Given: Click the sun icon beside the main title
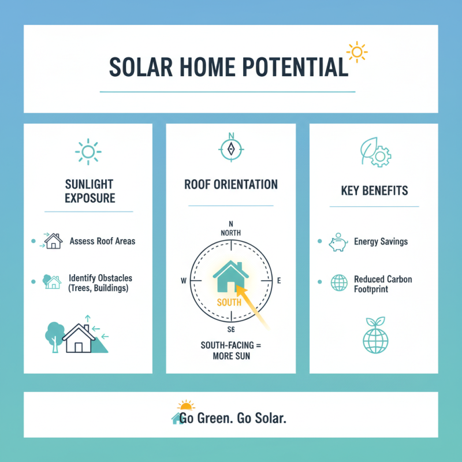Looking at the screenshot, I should click(356, 53).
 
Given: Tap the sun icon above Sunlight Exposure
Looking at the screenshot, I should click(88, 151).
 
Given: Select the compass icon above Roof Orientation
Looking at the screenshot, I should click(231, 148).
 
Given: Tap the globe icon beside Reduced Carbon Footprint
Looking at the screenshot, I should click(338, 282).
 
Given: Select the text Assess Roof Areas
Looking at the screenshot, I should click(102, 241).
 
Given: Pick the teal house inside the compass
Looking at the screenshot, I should click(230, 276).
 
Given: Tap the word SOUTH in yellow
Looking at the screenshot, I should click(229, 302).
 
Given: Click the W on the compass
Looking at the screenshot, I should click(184, 281).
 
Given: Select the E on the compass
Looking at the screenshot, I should click(278, 281).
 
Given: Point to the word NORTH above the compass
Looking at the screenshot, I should click(230, 232).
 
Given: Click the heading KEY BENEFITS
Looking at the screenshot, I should click(374, 191).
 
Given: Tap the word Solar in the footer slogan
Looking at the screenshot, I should click(269, 418).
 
